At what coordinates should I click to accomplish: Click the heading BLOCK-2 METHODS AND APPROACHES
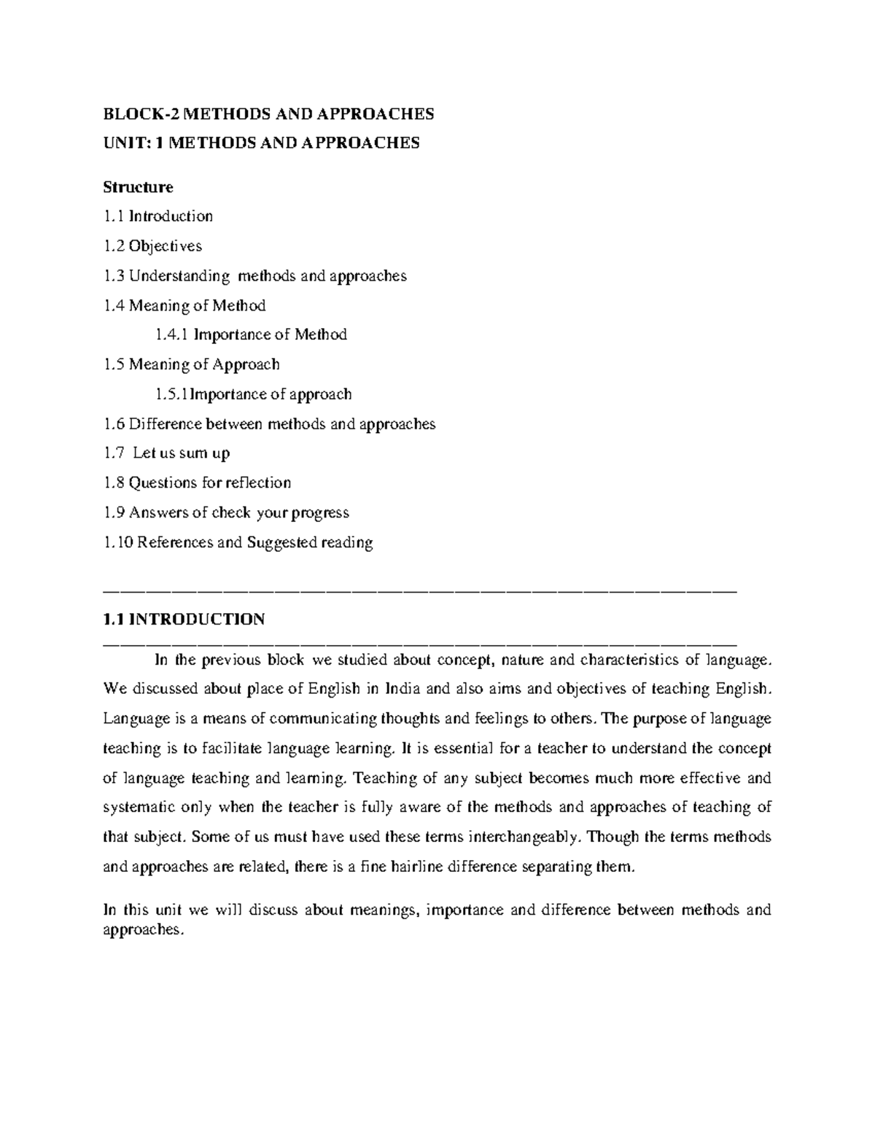pos(268,114)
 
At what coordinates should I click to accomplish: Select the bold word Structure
pos(138,187)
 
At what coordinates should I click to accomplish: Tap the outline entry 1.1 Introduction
pos(158,216)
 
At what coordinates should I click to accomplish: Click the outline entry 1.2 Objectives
pos(153,246)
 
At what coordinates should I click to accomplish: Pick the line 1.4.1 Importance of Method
pos(251,335)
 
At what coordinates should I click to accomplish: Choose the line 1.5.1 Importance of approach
pos(254,394)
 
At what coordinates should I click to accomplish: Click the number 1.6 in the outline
pos(114,424)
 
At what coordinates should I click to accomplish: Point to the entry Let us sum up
pos(182,453)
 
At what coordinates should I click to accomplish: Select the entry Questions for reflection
pos(210,483)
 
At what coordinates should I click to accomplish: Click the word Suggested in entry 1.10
pos(281,542)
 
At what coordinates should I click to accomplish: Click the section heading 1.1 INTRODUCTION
pos(184,620)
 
